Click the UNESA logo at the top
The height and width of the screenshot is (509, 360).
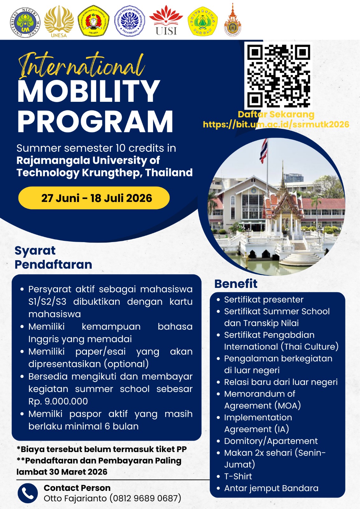pos(59,21)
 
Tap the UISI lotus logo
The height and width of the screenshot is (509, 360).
pos(166,20)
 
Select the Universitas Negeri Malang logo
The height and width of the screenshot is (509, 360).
pos(25,22)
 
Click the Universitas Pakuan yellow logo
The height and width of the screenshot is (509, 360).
pos(203,21)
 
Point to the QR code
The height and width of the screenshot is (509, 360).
pos(279,76)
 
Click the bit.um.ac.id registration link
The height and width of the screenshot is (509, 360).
pos(276,124)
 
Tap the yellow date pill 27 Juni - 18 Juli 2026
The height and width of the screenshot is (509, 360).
pos(94,198)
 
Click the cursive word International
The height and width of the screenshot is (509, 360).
pos(81,66)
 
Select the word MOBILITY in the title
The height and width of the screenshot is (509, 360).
pos(89,92)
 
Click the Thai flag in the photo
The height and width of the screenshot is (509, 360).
pos(264,151)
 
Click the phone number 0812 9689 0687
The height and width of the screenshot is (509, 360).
pos(145,498)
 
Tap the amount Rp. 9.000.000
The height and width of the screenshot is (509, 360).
pos(58,401)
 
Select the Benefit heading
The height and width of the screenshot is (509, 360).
pos(236,283)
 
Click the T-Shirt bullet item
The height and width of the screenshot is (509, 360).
pos(238,476)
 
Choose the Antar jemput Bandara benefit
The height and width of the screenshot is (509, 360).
pos(271,488)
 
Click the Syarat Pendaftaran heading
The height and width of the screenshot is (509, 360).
pos(53,258)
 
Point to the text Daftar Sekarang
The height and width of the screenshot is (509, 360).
pos(276,114)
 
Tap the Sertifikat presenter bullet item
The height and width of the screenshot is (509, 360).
pos(264,299)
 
